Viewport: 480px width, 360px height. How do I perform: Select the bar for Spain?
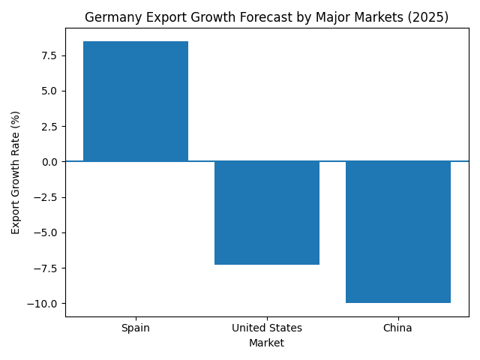(x=136, y=101)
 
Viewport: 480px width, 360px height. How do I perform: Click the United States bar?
(x=267, y=213)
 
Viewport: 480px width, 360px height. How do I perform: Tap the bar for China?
(x=398, y=232)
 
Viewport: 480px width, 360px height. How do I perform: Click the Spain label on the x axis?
(x=136, y=328)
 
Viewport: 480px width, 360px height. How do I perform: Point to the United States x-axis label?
(x=267, y=328)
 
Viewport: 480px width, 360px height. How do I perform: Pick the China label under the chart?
(x=398, y=328)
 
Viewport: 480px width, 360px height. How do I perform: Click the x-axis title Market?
(x=267, y=343)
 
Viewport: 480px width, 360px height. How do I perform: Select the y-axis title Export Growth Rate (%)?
(x=16, y=172)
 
